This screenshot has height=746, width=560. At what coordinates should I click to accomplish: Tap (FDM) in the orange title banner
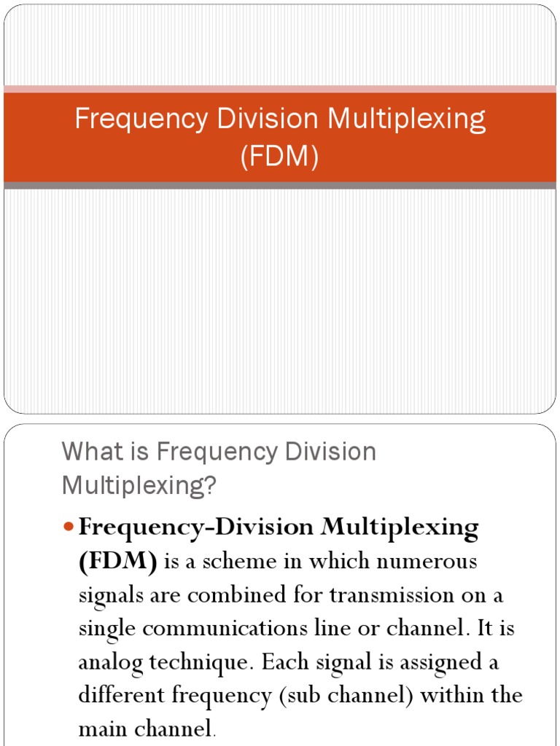[x=280, y=157]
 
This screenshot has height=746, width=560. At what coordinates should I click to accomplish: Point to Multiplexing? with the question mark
[x=140, y=485]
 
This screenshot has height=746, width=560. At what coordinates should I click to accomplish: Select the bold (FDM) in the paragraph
[x=118, y=562]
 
